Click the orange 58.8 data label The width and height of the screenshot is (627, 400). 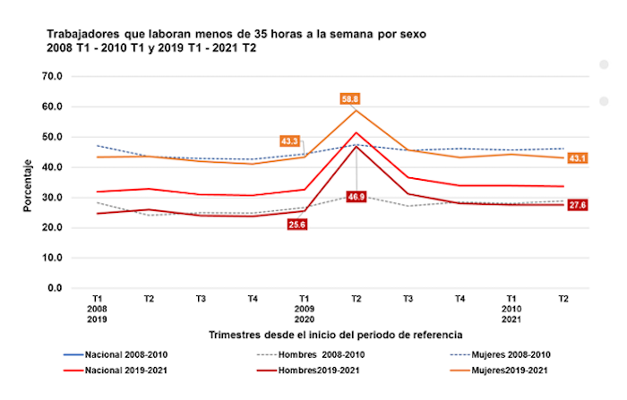[349, 98]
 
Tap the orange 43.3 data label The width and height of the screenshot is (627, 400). [290, 141]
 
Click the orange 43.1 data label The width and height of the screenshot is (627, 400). [579, 158]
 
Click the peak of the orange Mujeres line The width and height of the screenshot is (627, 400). [356, 110]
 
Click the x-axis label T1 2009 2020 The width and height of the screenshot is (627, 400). [305, 307]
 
